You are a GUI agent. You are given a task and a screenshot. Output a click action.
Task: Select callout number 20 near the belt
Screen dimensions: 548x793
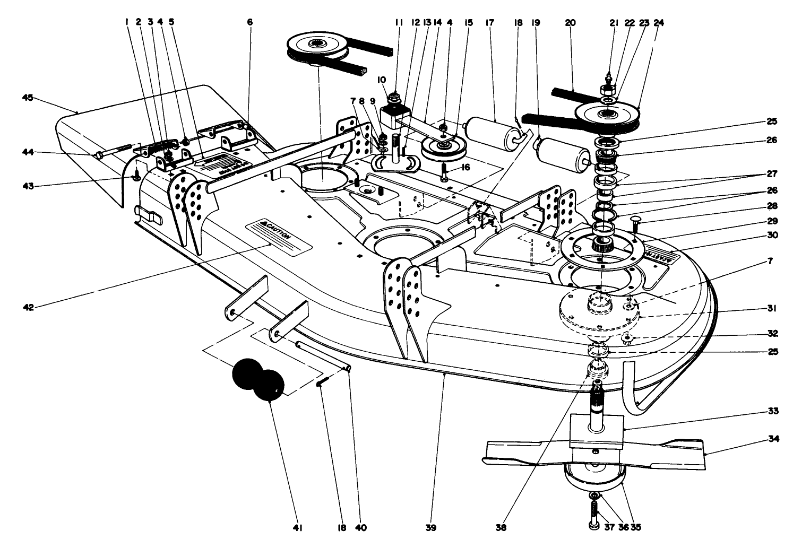click(x=571, y=23)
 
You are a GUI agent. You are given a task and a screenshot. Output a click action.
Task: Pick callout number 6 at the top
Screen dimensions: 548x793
click(x=250, y=23)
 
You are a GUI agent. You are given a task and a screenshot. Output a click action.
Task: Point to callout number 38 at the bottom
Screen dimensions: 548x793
click(x=502, y=528)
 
